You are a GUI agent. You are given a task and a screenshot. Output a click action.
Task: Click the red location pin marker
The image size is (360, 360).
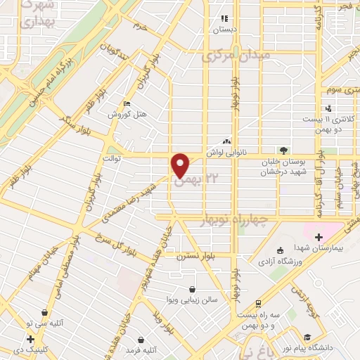pyautogui.click(x=181, y=165)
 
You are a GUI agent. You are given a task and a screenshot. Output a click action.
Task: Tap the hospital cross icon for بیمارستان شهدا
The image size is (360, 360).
pyautogui.click(x=319, y=237)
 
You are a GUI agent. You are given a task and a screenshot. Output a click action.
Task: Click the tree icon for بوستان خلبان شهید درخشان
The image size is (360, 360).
pyautogui.click(x=283, y=150)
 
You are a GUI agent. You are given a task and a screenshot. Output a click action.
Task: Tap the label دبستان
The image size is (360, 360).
pyautogui.click(x=226, y=30)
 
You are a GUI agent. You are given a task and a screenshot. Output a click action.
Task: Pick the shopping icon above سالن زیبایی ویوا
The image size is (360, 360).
pyautogui.click(x=193, y=288)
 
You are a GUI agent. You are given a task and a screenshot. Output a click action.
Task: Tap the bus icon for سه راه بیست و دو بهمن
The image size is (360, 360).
pyautogui.click(x=259, y=303)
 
